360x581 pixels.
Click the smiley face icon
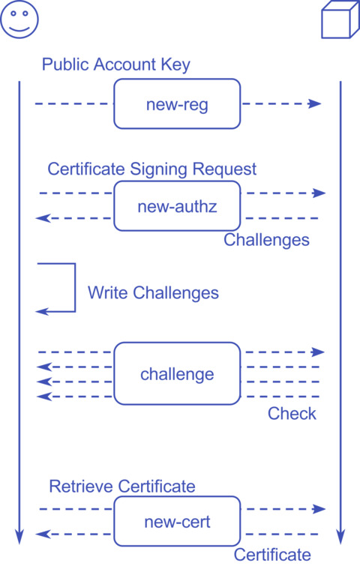click(19, 19)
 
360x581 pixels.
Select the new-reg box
click(177, 104)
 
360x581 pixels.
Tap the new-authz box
click(177, 205)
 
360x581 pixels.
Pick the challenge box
click(177, 373)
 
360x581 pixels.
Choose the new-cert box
click(177, 521)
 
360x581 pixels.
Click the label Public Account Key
click(115, 64)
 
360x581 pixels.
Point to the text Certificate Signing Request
click(151, 169)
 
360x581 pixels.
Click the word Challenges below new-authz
click(266, 240)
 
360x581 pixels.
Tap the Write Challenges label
click(153, 292)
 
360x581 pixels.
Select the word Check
click(292, 414)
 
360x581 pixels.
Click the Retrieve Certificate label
click(121, 487)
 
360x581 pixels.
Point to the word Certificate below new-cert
click(271, 555)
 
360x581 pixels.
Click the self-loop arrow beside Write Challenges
click(73, 288)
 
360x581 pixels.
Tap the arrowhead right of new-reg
click(315, 103)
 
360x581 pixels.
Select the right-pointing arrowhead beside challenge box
click(319, 352)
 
